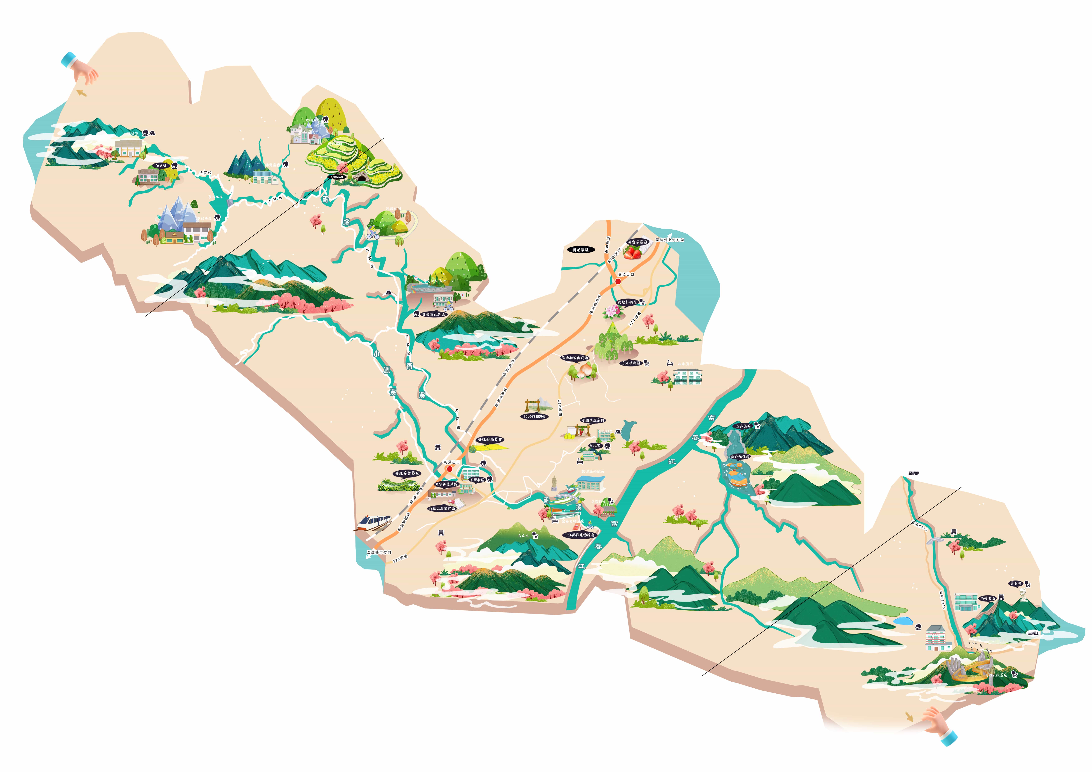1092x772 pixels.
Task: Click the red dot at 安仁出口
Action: tap(618, 281)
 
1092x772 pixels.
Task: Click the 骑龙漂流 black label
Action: tap(581, 249)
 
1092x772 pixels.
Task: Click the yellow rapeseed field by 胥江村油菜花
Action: tap(490, 447)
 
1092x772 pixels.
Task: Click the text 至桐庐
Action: tap(914, 473)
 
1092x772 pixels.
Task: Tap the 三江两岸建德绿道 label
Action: tap(579, 535)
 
